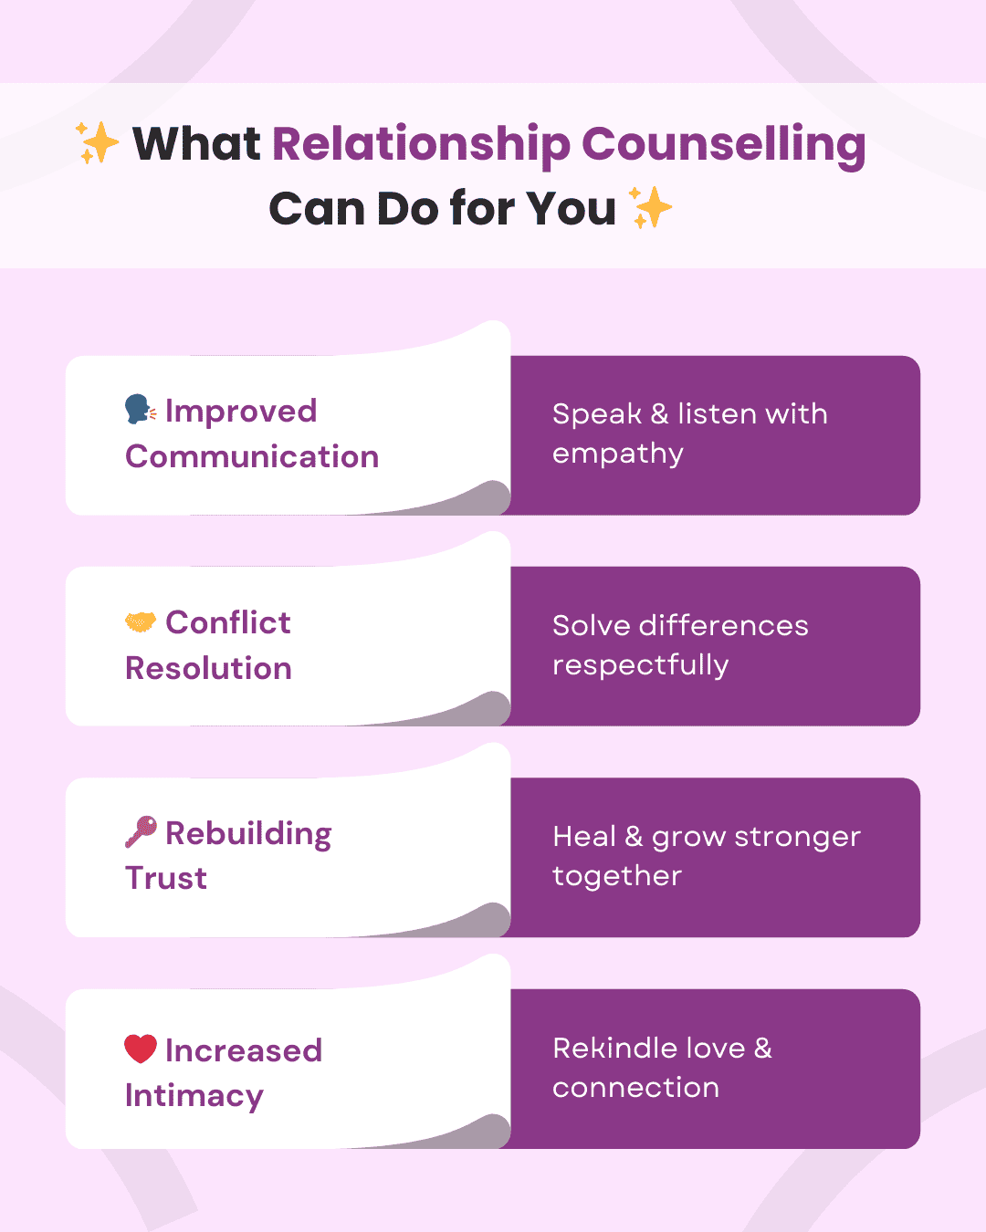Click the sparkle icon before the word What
(x=98, y=143)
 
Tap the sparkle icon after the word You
(x=652, y=207)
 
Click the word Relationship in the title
(x=421, y=145)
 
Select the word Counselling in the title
(x=723, y=145)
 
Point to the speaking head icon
(x=140, y=410)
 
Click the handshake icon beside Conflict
(x=141, y=622)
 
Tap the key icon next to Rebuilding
(x=141, y=832)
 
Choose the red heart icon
(x=141, y=1049)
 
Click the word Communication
(x=252, y=456)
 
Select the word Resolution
(x=208, y=668)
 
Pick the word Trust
(x=166, y=878)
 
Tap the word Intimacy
(x=194, y=1096)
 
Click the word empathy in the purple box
(x=618, y=454)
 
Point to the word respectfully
(x=640, y=665)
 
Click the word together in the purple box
(x=617, y=876)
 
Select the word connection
(x=635, y=1088)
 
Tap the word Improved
(x=241, y=412)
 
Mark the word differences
(x=723, y=625)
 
